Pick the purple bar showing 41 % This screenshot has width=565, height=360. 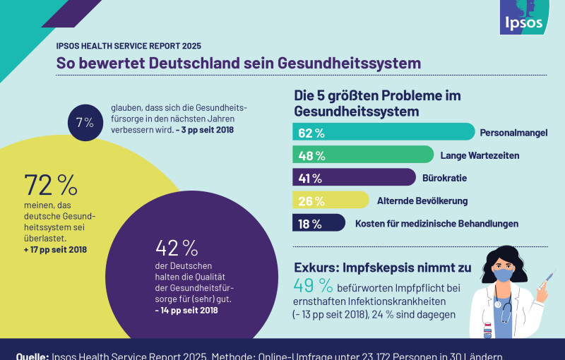pyautogui.click(x=354, y=177)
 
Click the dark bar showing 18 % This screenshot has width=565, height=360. pyautogui.click(x=319, y=223)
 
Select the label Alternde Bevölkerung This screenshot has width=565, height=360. pyautogui.click(x=422, y=200)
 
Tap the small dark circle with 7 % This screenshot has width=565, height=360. pyautogui.click(x=85, y=122)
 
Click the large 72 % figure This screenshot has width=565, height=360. pyautogui.click(x=50, y=185)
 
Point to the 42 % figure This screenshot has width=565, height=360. pyautogui.click(x=177, y=248)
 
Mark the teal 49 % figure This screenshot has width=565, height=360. pyautogui.click(x=313, y=286)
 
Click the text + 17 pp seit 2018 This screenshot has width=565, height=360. pyautogui.click(x=55, y=249)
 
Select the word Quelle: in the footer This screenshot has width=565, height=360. pyautogui.click(x=32, y=354)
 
